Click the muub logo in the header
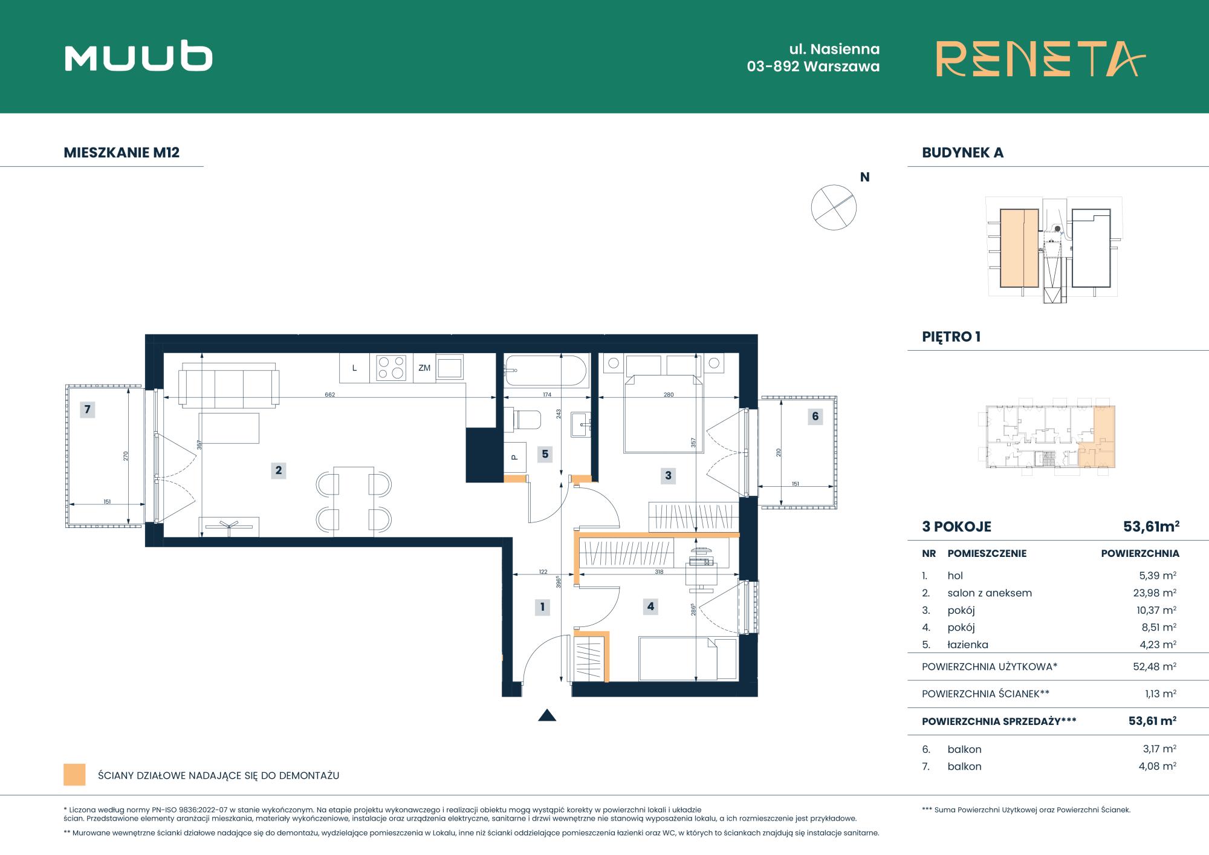pos(138,57)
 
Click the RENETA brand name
pos(1040,59)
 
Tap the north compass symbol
pos(834,207)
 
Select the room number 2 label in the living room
pos(279,470)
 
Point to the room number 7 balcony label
pos(88,409)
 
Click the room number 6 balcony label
pos(815,416)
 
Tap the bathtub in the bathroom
pos(546,371)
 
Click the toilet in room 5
pos(523,419)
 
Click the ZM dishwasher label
pos(424,368)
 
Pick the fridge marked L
pos(355,368)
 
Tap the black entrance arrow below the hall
pos(547,715)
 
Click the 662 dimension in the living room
pos(329,395)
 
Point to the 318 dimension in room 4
pos(659,571)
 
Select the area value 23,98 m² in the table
pos(1155,593)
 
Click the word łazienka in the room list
pos(968,645)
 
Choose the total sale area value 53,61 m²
pos(1152,721)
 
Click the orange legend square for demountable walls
pos(74,775)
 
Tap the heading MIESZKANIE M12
pos(122,152)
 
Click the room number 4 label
pos(650,606)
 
